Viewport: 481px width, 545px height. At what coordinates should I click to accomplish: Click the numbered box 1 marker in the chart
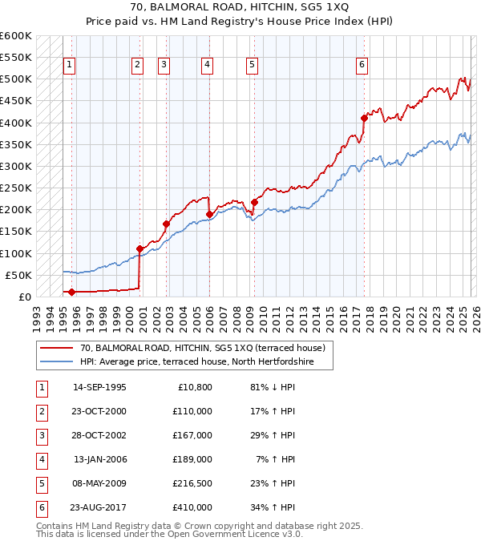pos(70,65)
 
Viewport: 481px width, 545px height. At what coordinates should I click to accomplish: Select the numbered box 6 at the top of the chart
pos(362,65)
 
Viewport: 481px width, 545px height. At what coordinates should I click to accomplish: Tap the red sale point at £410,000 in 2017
pos(364,118)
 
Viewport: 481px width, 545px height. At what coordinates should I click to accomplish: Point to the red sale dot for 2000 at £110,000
pos(139,248)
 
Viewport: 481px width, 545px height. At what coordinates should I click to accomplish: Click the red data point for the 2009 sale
pos(254,202)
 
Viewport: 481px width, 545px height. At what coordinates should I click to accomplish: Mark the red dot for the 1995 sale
pos(72,292)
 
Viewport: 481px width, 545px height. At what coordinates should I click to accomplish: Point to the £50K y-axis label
pos(18,275)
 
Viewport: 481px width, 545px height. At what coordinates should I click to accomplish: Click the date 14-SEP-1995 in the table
pos(99,387)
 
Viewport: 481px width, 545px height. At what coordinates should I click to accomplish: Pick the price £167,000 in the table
pos(192,435)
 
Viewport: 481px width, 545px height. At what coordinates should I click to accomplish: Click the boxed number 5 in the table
pos(40,483)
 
